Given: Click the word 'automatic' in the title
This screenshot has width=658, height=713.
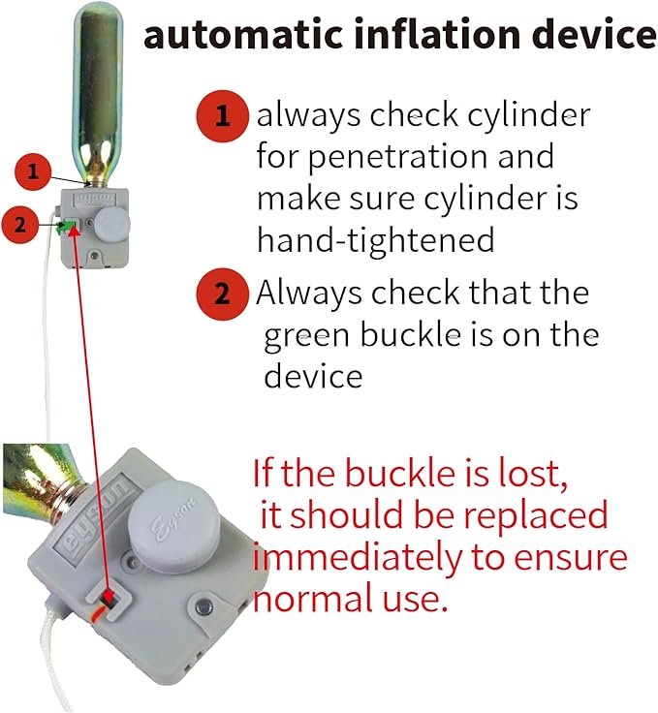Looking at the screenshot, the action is coord(243,35).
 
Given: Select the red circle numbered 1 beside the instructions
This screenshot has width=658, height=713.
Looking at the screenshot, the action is coord(222,116).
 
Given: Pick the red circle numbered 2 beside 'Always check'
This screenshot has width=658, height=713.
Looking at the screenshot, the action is coord(222,294).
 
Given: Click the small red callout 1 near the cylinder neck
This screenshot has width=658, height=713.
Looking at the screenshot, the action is coord(33,171).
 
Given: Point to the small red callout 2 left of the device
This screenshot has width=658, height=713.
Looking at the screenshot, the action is coord(19,225).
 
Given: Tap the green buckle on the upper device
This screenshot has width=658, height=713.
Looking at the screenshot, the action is coord(66,226).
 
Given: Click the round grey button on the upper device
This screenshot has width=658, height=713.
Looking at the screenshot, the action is coord(112,224).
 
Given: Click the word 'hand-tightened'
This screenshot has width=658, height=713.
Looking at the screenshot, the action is coord(376,239).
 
